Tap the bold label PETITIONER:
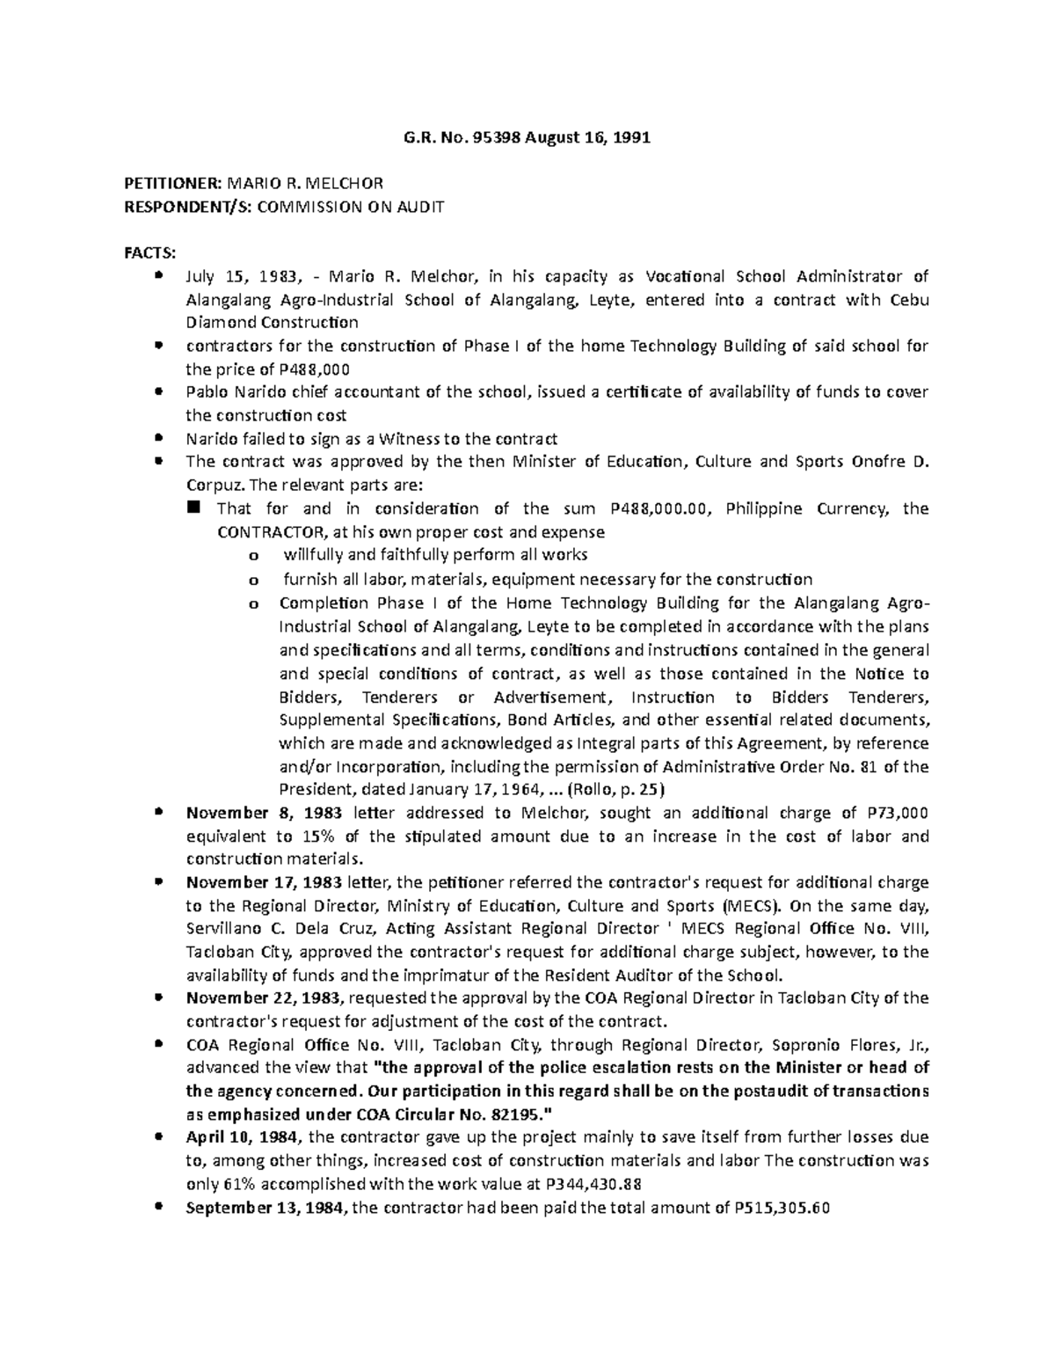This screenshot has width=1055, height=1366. (x=172, y=185)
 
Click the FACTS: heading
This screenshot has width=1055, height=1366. (x=150, y=253)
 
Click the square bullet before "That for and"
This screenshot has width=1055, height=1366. (x=194, y=508)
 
